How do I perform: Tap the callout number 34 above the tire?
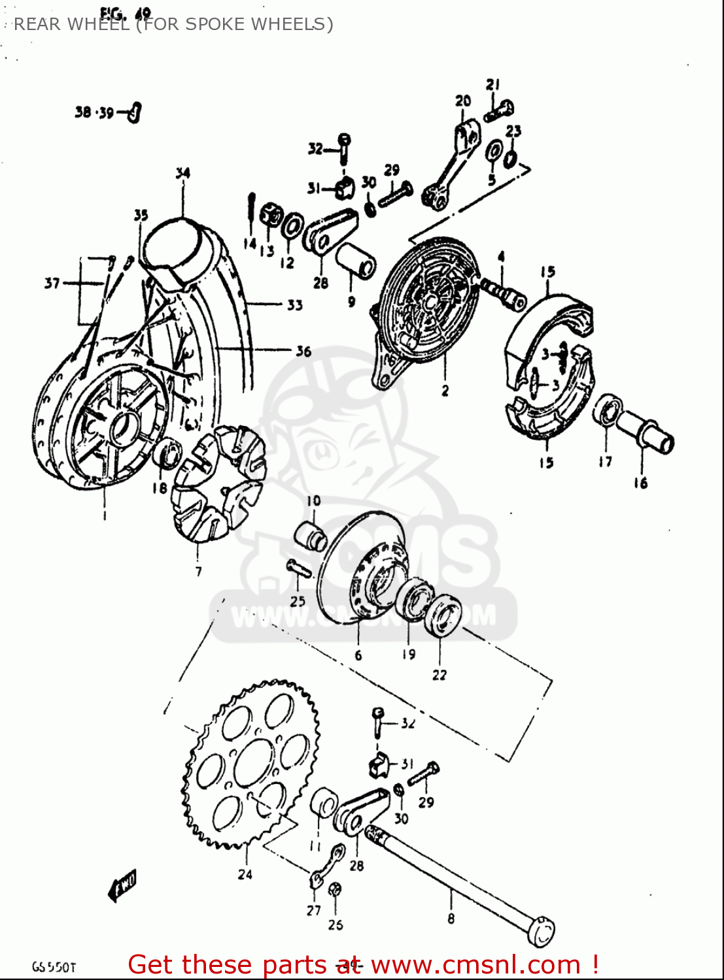pos(182,173)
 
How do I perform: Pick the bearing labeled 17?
pos(608,411)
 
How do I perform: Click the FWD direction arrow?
pos(122,885)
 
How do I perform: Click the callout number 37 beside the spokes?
pos(52,283)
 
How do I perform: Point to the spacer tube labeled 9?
pos(356,262)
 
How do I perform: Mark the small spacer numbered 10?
pos(310,535)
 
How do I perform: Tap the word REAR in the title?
pos(37,24)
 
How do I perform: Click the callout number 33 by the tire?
pos(294,304)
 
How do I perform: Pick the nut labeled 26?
pos(334,890)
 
